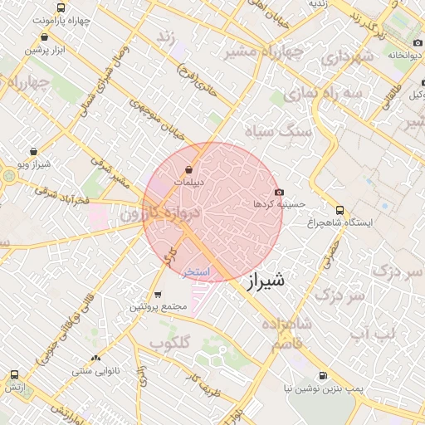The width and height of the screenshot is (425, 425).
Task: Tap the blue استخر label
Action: pos(198,271)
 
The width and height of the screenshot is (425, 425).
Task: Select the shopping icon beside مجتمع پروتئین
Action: pos(158,295)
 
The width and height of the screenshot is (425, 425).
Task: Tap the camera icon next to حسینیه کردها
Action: pos(279,191)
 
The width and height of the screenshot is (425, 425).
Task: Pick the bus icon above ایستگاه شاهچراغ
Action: pos(340,211)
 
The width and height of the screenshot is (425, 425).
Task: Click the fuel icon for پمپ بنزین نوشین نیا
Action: pos(323,375)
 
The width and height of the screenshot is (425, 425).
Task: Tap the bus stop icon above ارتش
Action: pos(13,375)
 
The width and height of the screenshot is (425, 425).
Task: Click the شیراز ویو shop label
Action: pos(32,164)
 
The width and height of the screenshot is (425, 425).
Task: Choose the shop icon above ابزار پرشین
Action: pos(43,37)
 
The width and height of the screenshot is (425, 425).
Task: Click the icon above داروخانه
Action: pos(414,44)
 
